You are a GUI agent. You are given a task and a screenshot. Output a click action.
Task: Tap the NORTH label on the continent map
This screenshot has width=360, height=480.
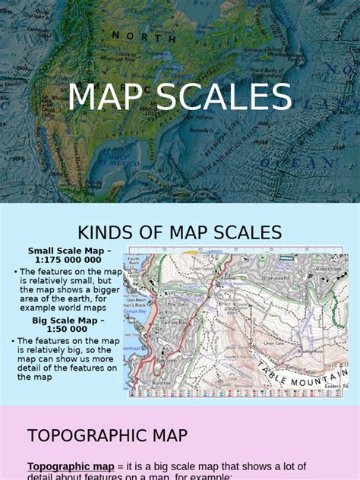137,36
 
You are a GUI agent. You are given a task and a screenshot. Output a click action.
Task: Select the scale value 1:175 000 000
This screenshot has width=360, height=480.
69,260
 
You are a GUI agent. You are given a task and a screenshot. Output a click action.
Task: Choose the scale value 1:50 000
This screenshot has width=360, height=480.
69,330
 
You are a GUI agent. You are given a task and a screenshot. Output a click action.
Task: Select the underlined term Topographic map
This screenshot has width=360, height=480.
71,466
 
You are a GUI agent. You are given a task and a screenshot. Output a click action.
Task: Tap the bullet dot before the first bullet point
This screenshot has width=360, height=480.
16,271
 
